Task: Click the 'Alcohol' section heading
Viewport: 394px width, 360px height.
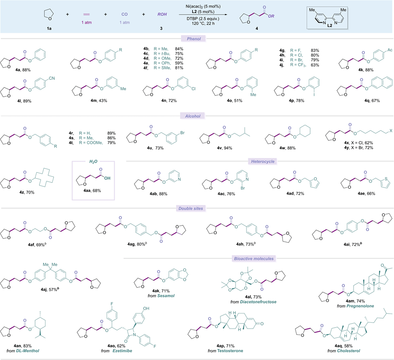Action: pos(197,115)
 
